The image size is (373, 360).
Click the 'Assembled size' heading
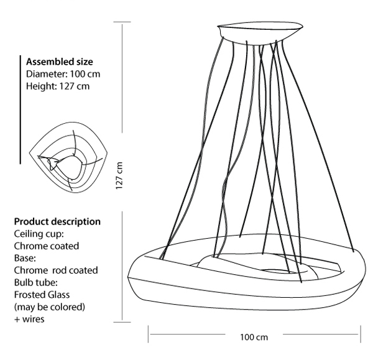click(60, 62)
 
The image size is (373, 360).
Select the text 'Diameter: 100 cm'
click(63, 74)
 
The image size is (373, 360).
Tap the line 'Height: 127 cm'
click(58, 86)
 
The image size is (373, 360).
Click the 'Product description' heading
click(57, 221)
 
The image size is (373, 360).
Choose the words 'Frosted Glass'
click(42, 295)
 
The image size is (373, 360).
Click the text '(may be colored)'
click(49, 307)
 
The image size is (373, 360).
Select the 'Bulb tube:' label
click(35, 282)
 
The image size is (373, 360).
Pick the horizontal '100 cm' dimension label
click(254, 337)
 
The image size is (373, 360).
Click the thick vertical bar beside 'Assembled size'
click(21, 112)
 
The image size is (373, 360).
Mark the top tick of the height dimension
click(121, 22)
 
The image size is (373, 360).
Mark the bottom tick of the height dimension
click(121, 323)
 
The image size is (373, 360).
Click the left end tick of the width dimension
click(149, 334)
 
